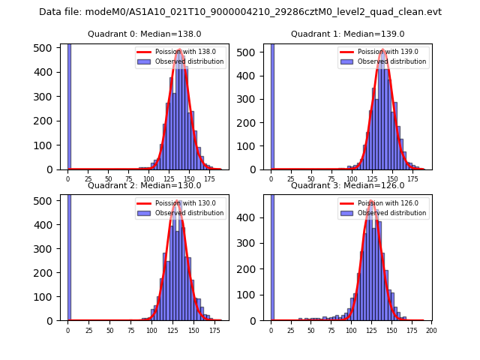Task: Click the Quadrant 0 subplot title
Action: (x=145, y=34)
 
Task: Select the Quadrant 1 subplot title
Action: (x=347, y=34)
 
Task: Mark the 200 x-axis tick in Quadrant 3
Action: (x=431, y=330)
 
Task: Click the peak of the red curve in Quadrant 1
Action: (x=382, y=49)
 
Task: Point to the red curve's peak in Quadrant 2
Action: (x=177, y=201)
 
